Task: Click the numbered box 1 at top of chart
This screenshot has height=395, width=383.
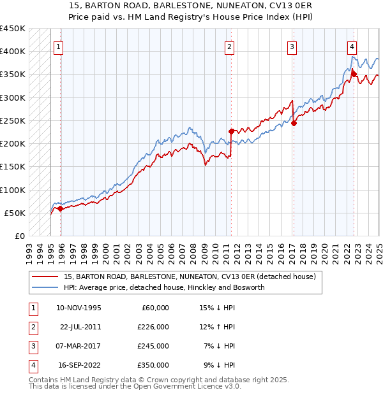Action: (58, 46)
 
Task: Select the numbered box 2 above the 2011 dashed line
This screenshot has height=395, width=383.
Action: (229, 46)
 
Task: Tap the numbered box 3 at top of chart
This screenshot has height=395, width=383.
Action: (291, 46)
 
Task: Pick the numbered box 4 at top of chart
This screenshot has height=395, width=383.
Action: (352, 46)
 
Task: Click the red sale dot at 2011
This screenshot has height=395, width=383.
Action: (231, 131)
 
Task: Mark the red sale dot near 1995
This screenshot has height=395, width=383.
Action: (60, 208)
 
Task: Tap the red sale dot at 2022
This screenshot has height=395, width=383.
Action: (354, 74)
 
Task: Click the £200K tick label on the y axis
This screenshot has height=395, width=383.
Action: (13, 143)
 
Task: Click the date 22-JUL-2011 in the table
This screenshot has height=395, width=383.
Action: (80, 327)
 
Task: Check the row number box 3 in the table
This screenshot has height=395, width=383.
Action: (31, 346)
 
